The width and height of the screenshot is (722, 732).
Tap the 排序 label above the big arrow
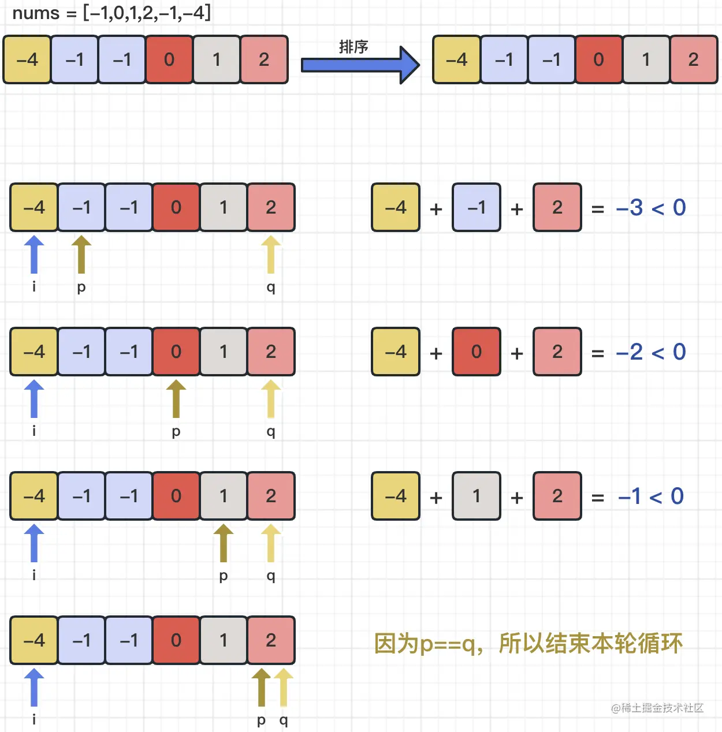[353, 47]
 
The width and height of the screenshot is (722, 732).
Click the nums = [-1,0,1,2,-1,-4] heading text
[111, 13]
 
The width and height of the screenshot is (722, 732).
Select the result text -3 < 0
[651, 208]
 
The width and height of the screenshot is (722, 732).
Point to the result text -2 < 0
[651, 352]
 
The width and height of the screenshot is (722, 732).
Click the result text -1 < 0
[651, 496]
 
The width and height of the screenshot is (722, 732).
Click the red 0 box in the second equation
[477, 352]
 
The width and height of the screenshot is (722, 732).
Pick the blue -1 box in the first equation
[477, 207]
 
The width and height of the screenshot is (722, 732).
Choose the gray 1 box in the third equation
[477, 496]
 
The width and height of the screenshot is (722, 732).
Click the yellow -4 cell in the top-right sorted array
[456, 59]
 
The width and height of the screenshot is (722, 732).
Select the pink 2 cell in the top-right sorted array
[693, 59]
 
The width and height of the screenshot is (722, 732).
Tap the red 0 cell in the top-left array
[169, 59]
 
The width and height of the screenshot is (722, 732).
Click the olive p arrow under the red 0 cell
[176, 398]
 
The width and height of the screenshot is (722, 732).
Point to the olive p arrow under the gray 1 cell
[224, 543]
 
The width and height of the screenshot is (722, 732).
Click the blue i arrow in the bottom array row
[34, 687]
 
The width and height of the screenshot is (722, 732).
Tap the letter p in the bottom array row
[261, 720]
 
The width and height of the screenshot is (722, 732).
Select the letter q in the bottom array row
[284, 720]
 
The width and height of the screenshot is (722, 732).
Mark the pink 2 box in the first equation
[557, 207]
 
